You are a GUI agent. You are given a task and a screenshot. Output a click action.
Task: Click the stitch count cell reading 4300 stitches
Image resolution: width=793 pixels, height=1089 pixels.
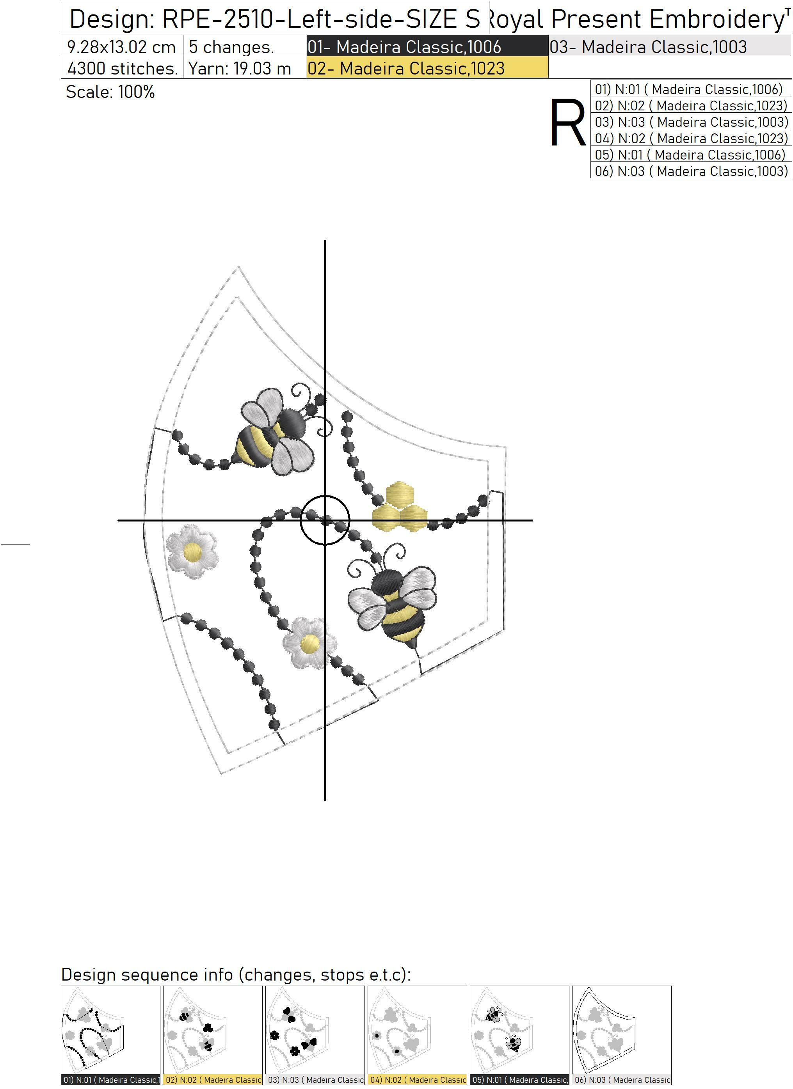(122, 68)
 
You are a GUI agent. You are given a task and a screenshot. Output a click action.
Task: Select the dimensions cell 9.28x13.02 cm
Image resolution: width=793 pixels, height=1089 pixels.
(122, 46)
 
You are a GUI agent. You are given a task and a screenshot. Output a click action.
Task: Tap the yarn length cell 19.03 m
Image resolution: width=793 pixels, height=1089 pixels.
(244, 68)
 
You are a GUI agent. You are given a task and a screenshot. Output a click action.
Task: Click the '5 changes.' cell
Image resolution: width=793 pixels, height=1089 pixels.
(244, 46)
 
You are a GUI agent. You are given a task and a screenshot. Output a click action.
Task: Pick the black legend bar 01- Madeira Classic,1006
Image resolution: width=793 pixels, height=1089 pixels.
(427, 46)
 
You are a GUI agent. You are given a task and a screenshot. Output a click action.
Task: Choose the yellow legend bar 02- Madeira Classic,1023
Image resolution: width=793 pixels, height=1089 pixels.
(427, 68)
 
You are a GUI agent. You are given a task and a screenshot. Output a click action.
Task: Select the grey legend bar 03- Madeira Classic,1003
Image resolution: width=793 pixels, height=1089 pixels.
(670, 46)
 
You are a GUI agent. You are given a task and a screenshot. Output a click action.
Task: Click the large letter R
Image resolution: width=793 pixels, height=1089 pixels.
(568, 122)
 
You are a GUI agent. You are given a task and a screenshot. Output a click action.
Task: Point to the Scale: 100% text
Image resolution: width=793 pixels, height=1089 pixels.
(110, 92)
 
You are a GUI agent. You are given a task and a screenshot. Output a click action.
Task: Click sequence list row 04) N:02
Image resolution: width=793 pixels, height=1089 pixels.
(691, 138)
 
